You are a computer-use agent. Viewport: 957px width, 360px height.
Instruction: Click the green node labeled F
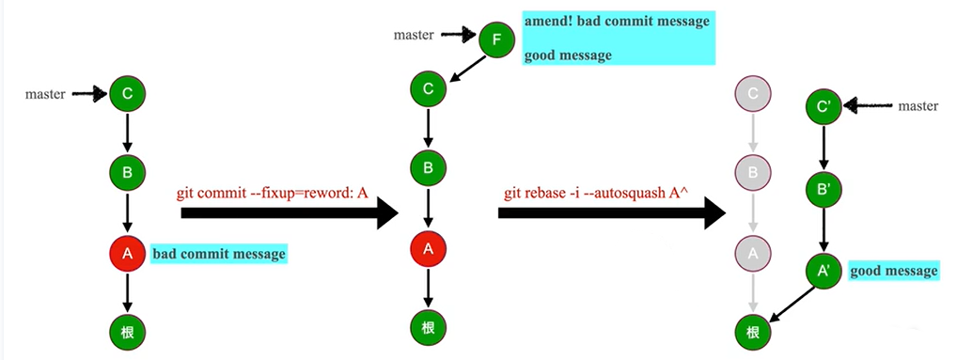pyautogui.click(x=496, y=40)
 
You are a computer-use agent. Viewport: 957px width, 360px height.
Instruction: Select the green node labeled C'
pyautogui.click(x=824, y=106)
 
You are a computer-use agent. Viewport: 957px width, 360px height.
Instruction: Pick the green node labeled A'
pyautogui.click(x=824, y=272)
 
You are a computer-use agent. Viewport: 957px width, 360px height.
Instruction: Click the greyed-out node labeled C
pyautogui.click(x=752, y=94)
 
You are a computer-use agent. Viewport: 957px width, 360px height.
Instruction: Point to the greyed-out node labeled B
pyautogui.click(x=752, y=173)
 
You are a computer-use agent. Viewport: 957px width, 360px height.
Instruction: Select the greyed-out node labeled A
pyautogui.click(x=752, y=252)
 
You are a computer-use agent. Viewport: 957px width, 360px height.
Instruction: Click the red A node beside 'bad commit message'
pyautogui.click(x=127, y=253)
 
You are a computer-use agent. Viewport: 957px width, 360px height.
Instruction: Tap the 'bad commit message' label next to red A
pyautogui.click(x=218, y=254)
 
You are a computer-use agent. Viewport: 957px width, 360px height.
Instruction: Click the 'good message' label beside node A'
pyautogui.click(x=894, y=272)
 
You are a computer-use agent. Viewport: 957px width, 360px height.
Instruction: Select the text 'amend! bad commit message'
pyautogui.click(x=617, y=21)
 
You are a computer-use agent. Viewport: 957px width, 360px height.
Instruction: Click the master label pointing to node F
pyautogui.click(x=414, y=36)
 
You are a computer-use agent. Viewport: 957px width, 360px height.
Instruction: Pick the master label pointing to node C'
pyautogui.click(x=918, y=106)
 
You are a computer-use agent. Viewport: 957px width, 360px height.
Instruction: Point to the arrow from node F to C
pyautogui.click(x=464, y=67)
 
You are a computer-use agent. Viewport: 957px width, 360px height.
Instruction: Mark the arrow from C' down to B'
pyautogui.click(x=824, y=148)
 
